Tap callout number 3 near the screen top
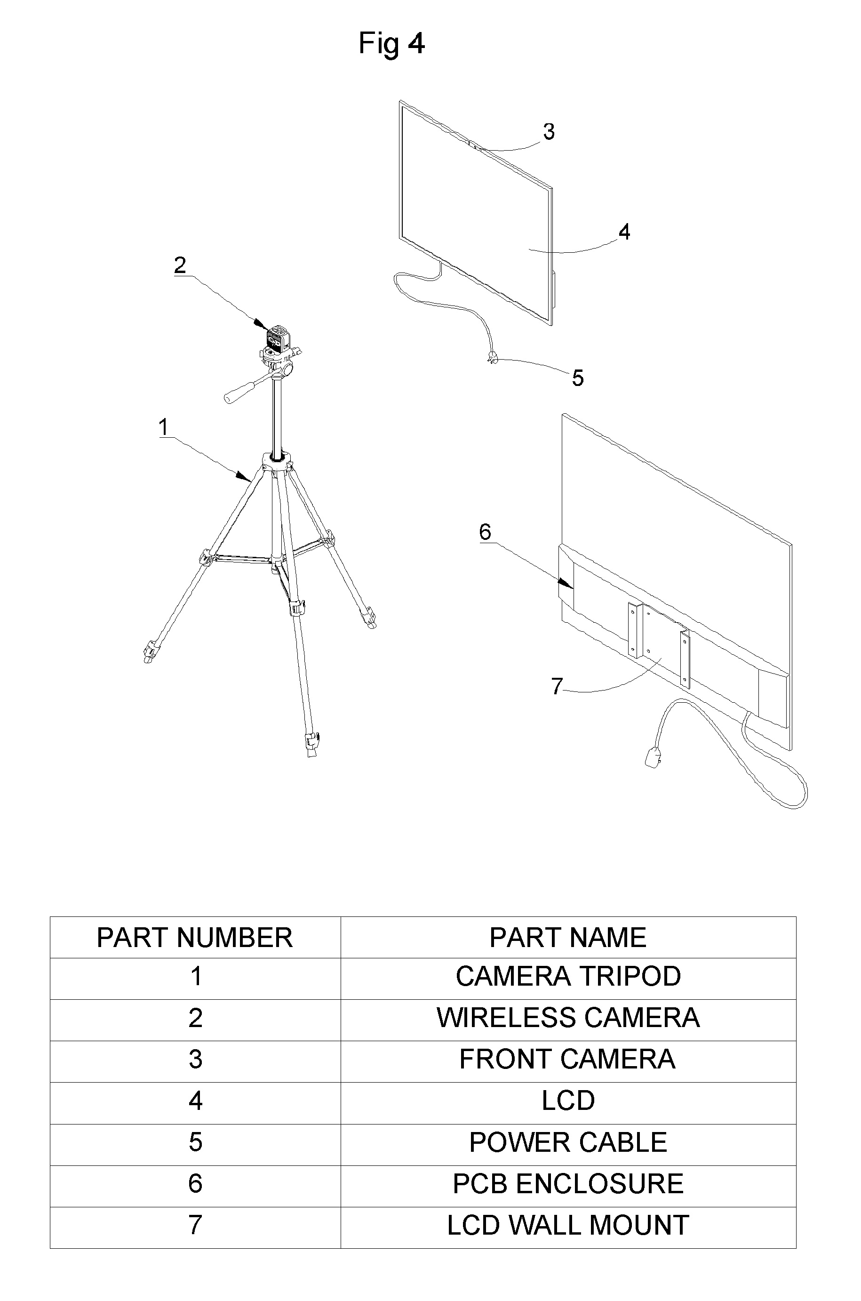click(x=549, y=132)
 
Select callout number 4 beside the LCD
click(x=624, y=233)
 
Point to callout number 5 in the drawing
click(x=578, y=378)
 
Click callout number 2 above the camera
click(x=180, y=265)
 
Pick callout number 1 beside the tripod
click(x=163, y=427)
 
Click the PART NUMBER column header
click(x=195, y=938)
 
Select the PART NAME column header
click(x=568, y=938)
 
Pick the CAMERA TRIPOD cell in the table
click(x=568, y=976)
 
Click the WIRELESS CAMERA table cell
click(x=568, y=1018)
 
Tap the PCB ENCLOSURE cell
click(x=568, y=1183)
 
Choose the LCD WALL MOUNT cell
click(x=568, y=1225)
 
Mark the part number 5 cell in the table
click(x=195, y=1142)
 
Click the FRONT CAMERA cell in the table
click(x=568, y=1060)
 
